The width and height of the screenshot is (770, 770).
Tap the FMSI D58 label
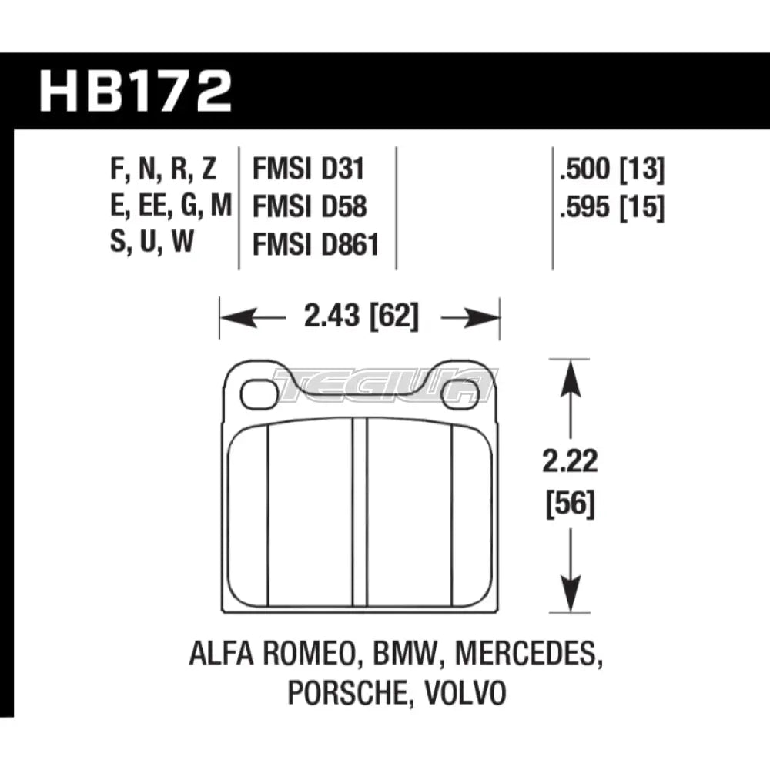tap(308, 207)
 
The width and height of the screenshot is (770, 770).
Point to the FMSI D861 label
tap(316, 244)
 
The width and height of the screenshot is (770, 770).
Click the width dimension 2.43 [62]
tap(360, 316)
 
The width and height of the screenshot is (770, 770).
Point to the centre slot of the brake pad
tap(360, 512)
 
